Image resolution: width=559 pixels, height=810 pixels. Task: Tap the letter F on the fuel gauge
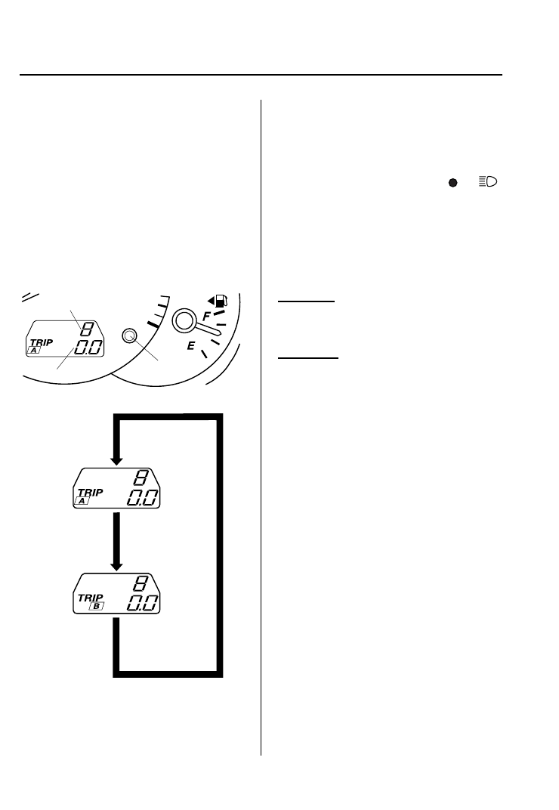tap(206, 318)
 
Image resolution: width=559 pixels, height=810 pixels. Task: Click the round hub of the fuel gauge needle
tap(184, 321)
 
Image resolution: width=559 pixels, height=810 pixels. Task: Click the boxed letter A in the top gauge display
tap(34, 351)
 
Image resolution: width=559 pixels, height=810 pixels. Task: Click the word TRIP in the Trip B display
tap(90, 597)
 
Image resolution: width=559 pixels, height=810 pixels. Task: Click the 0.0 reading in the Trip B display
tap(142, 603)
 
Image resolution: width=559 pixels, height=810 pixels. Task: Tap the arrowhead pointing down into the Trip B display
tap(116, 566)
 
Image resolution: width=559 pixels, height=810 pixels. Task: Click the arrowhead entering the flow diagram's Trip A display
tap(116, 460)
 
